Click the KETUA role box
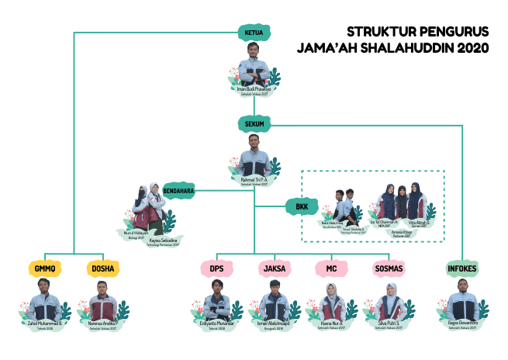tap(254, 33)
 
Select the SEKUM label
tap(254, 123)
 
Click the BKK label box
tap(301, 207)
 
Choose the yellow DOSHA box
tap(103, 269)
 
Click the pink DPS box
tap(216, 269)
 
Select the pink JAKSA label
tap(275, 269)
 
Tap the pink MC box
tap(331, 269)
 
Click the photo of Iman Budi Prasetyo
tap(254, 66)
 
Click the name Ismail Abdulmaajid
tap(275, 323)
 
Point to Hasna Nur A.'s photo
tap(332, 302)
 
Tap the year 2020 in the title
tap(468, 49)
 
